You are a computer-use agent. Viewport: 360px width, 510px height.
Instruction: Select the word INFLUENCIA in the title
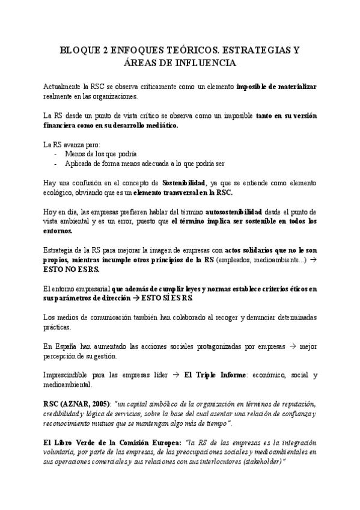pyautogui.click(x=207, y=63)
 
